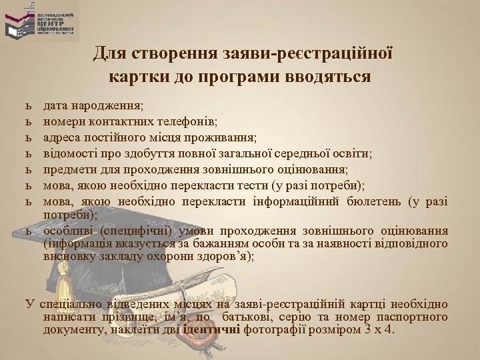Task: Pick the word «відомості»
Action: [x=70, y=153]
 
